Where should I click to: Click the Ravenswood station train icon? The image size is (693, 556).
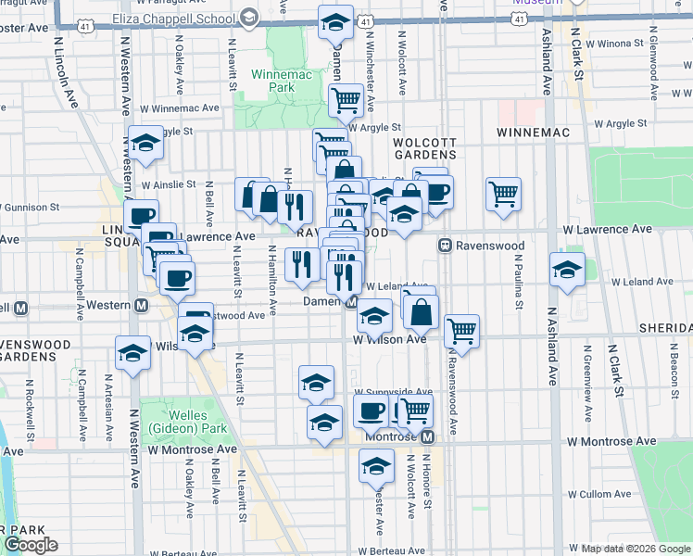point(445,246)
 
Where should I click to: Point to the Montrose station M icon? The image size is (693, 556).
point(427,436)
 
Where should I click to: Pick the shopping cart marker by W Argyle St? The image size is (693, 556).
point(346,100)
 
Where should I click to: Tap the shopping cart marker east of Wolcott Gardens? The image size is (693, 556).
point(503,195)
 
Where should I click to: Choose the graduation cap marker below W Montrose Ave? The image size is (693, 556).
point(376,465)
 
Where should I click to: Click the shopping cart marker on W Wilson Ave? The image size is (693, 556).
point(460,330)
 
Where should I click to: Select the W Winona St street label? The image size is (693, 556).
point(625,43)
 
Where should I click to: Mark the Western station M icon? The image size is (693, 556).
point(142,305)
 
